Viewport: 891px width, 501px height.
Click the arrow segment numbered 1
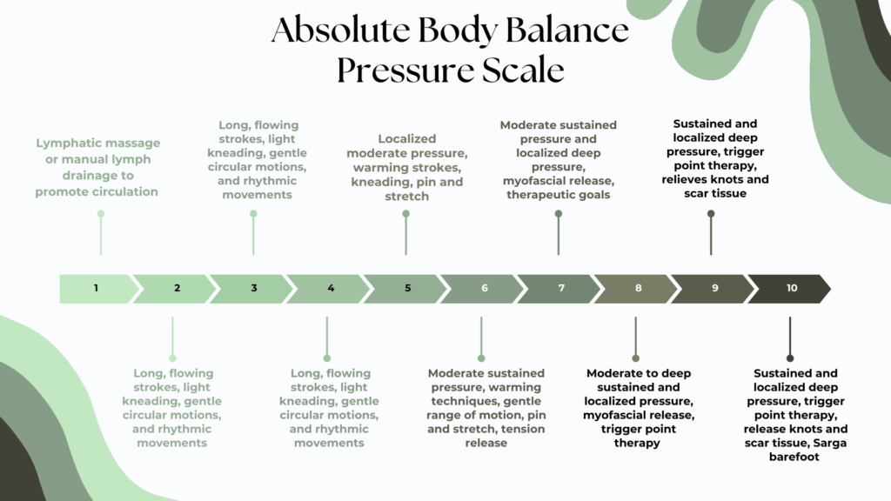pos(97,289)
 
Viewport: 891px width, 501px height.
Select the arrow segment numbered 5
pos(407,289)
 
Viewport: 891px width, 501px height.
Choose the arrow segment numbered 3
pos(253,289)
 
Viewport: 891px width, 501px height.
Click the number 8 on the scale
pos(639,289)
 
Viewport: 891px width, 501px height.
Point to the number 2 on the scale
pos(177,289)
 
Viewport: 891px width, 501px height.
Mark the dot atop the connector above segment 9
pos(711,213)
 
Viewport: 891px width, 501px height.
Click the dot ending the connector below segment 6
pos(481,357)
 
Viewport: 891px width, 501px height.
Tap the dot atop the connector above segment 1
pos(101,213)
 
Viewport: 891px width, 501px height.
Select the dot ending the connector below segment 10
pos(790,357)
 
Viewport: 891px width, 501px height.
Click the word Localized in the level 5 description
pos(406,138)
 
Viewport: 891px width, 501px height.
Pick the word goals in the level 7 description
pos(592,194)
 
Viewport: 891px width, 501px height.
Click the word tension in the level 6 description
pos(524,429)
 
